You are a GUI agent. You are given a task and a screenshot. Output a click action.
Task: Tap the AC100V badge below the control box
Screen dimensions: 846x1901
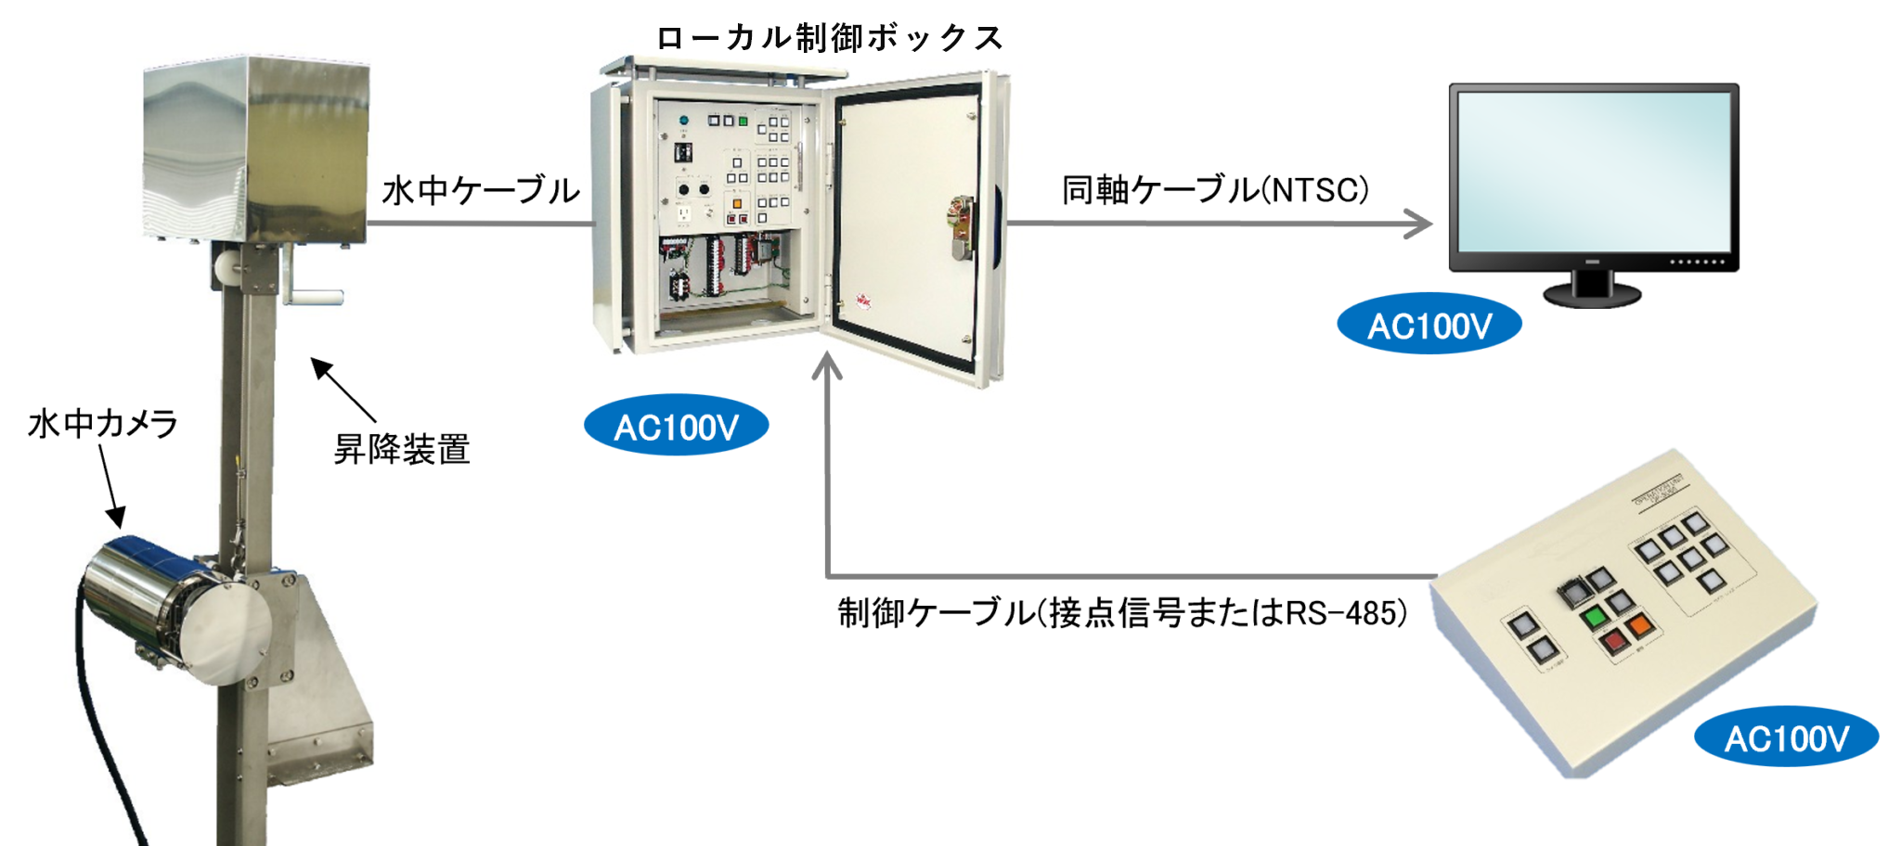click(x=676, y=427)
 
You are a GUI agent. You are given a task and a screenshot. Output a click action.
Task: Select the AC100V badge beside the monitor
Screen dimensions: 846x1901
click(x=1429, y=326)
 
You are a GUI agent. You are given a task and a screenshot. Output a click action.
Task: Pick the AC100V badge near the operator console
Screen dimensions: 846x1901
click(x=1786, y=738)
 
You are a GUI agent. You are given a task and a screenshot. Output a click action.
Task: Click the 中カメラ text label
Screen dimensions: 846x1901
click(x=121, y=424)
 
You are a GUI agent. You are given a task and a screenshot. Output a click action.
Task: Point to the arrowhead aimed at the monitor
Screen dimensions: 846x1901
click(x=1420, y=224)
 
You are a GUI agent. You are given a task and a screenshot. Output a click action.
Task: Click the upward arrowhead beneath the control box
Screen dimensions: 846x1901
click(x=826, y=367)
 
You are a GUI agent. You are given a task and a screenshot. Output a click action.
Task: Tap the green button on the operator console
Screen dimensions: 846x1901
click(x=1595, y=615)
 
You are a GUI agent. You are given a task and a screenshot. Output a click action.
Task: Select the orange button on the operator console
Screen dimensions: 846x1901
click(x=1638, y=624)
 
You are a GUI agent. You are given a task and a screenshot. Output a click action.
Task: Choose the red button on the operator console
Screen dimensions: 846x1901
click(x=1614, y=641)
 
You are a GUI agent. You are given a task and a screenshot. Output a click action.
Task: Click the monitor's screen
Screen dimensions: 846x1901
click(x=1593, y=172)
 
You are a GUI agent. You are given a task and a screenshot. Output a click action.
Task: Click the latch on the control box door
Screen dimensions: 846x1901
click(x=962, y=226)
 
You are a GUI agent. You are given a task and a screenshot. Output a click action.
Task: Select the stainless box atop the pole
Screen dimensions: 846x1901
click(x=255, y=148)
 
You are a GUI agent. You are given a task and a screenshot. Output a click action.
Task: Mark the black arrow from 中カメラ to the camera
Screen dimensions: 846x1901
click(x=110, y=487)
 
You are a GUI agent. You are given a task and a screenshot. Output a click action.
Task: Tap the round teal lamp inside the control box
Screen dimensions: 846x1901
click(x=684, y=121)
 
